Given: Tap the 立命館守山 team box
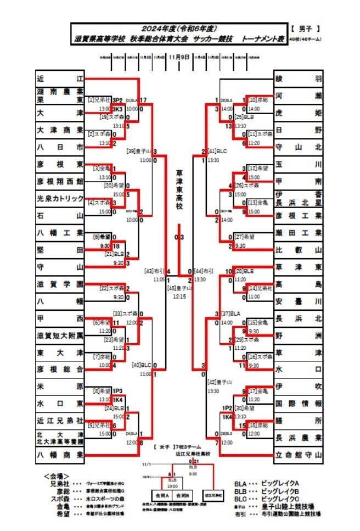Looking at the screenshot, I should (x=299, y=455).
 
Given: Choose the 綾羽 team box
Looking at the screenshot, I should (x=299, y=79).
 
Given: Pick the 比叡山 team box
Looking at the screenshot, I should (x=299, y=249).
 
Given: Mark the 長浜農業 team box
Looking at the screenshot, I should (x=299, y=438).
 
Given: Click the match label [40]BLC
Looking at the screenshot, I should (x=142, y=365).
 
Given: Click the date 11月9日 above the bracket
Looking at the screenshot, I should (x=179, y=57).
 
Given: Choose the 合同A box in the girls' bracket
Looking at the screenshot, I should (x=162, y=495).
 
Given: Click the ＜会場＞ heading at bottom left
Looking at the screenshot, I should (x=56, y=476).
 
